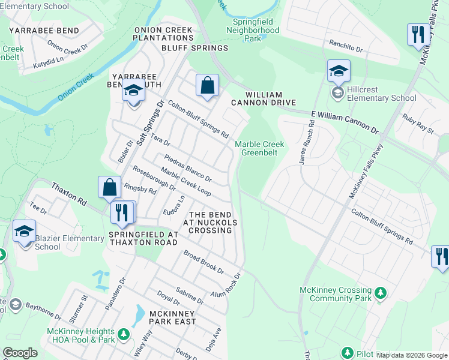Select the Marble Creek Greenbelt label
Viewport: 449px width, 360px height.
pos(259,148)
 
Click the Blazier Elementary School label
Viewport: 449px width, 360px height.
pos(70,242)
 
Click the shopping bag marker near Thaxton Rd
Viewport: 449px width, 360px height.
pos(109,187)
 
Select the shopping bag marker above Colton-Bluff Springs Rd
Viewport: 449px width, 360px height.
pos(207,85)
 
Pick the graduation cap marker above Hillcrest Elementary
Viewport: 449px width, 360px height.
pos(339,71)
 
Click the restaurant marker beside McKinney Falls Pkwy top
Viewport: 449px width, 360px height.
pos(417,34)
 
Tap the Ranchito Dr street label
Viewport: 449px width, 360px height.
pos(346,47)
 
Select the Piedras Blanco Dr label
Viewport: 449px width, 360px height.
pos(188,170)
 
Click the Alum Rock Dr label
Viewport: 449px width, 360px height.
pos(225,285)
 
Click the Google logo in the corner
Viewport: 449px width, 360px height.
pos(20,353)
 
